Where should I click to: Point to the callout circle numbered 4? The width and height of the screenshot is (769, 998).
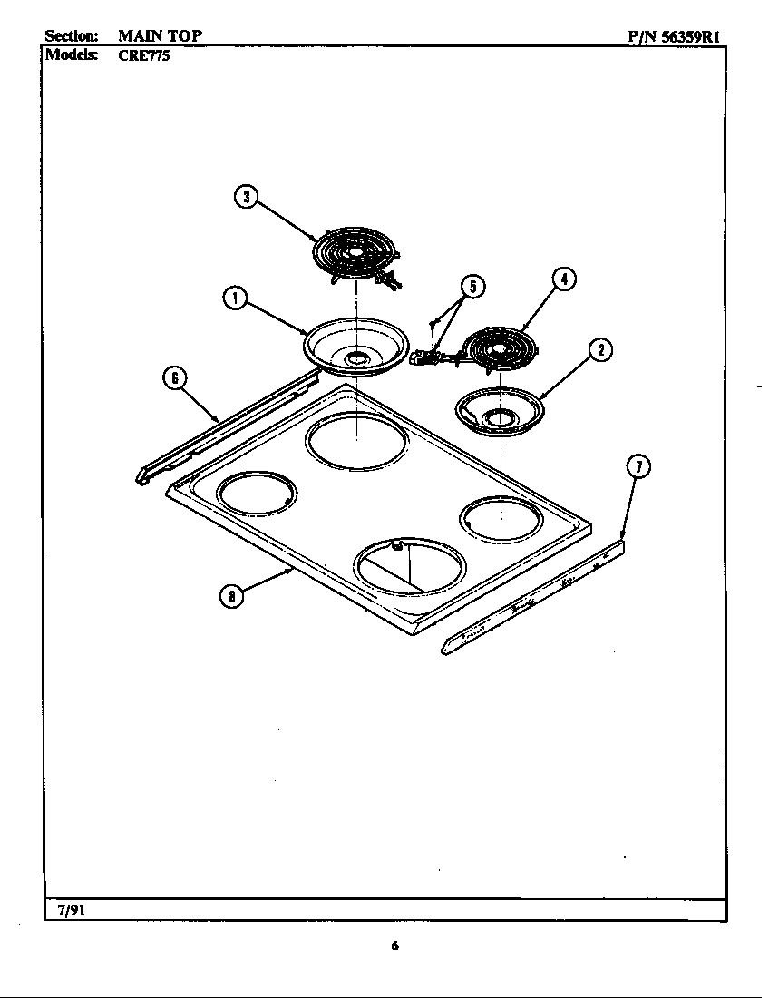(x=563, y=279)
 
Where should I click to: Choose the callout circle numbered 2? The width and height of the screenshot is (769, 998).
(x=599, y=349)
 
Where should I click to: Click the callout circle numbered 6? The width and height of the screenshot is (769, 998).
(x=174, y=377)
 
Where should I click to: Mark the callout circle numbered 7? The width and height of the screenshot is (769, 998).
(x=638, y=467)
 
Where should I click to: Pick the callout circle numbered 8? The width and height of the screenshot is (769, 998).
(x=232, y=595)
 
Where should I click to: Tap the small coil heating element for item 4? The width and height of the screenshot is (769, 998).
(x=497, y=349)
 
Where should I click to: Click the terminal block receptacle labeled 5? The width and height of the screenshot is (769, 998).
(x=428, y=357)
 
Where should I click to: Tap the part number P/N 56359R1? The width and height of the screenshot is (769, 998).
(x=674, y=37)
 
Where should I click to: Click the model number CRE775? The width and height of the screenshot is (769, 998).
(x=144, y=54)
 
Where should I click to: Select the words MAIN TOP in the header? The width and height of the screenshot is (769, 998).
(x=160, y=36)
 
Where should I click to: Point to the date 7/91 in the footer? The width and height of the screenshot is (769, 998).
(x=71, y=910)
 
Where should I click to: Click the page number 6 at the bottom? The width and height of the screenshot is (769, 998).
(x=394, y=946)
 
